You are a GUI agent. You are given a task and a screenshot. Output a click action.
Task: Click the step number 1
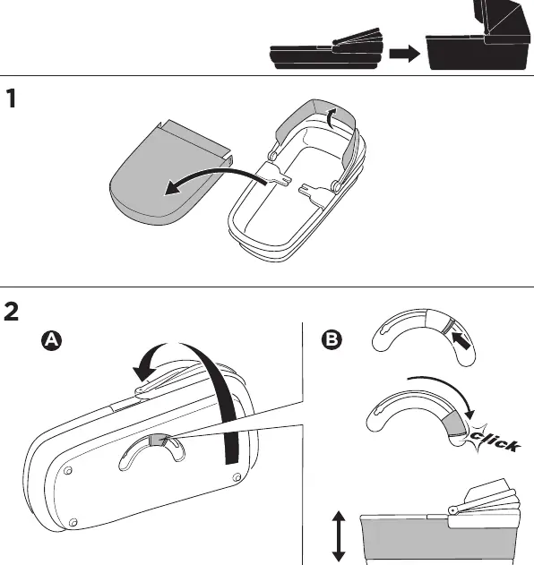click(x=11, y=98)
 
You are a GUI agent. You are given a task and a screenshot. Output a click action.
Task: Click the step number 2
click(x=11, y=312)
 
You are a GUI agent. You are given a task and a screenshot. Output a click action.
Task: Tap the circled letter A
click(x=52, y=340)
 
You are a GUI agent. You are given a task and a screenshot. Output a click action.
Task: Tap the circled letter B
click(x=332, y=339)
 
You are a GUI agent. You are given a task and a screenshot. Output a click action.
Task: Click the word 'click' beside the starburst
click(x=495, y=441)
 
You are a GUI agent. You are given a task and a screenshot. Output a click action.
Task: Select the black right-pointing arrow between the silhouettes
click(x=405, y=54)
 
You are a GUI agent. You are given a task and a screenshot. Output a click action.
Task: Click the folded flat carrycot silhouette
click(x=326, y=49)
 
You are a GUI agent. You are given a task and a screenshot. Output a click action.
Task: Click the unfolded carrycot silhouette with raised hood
click(x=478, y=35)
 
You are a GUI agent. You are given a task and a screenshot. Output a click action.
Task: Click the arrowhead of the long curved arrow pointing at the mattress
click(x=172, y=188)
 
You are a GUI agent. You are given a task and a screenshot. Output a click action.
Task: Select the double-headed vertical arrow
click(x=339, y=536)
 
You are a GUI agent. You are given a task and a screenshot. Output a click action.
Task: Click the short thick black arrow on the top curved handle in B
click(x=461, y=341)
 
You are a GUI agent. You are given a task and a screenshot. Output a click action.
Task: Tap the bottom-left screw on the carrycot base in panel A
click(x=73, y=522)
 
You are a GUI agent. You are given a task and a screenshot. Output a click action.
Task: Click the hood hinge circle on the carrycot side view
click(x=453, y=510)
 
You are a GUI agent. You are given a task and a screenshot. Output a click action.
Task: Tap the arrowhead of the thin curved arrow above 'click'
click(x=469, y=414)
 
